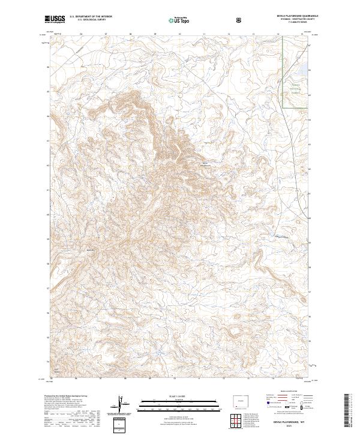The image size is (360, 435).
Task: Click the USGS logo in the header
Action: pos(55,19)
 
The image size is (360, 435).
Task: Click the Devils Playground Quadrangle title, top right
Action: pos(296,16)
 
